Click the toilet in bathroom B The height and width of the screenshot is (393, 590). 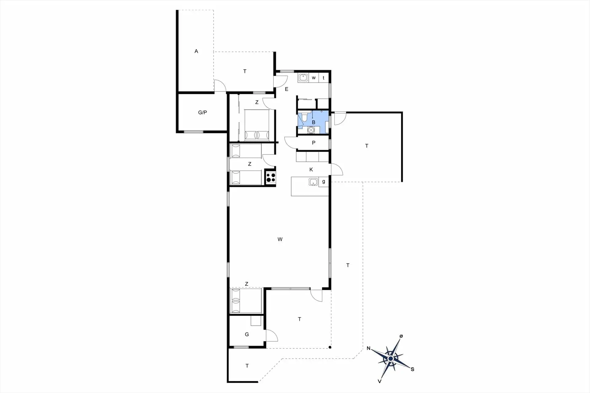pyautogui.click(x=304, y=117)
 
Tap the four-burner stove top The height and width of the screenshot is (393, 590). pyautogui.click(x=271, y=178)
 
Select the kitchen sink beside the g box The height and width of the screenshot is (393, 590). pyautogui.click(x=313, y=182)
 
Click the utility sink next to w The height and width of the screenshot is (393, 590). pyautogui.click(x=303, y=77)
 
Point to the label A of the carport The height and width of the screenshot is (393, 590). pyautogui.click(x=196, y=51)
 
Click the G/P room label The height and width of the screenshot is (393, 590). pyautogui.click(x=203, y=112)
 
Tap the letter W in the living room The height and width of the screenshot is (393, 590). pyautogui.click(x=280, y=239)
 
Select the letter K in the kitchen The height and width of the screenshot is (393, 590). pyautogui.click(x=311, y=169)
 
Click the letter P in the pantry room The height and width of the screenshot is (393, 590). pyautogui.click(x=313, y=143)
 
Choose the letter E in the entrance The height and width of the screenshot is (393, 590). pyautogui.click(x=287, y=89)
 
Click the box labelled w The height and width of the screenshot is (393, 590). pyautogui.click(x=314, y=78)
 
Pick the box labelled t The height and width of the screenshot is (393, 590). pyautogui.click(x=324, y=78)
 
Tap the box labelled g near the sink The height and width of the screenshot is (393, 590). pyautogui.click(x=324, y=182)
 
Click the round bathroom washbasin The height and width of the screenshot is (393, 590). pyautogui.click(x=311, y=130)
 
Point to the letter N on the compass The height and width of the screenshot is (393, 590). pyautogui.click(x=368, y=348)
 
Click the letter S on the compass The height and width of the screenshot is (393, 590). pyautogui.click(x=412, y=369)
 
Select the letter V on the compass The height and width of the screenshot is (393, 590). pyautogui.click(x=380, y=381)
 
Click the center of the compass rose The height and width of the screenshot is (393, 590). pyautogui.click(x=391, y=359)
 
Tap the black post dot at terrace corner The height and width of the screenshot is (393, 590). pyautogui.click(x=330, y=348)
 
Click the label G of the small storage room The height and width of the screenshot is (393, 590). pyautogui.click(x=247, y=334)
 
